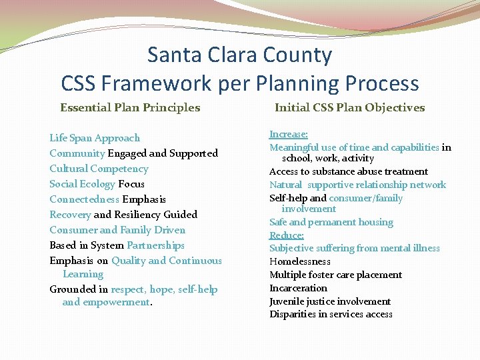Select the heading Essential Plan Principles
click(130, 107)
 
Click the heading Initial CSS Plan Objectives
click(349, 107)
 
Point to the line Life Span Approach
click(95, 138)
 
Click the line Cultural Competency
click(99, 169)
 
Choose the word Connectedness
click(84, 199)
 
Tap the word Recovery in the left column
click(70, 215)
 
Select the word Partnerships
click(155, 245)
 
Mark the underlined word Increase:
click(288, 134)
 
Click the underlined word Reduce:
click(286, 235)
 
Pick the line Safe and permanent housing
click(331, 222)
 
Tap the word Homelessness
click(299, 261)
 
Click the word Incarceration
click(298, 288)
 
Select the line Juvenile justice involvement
click(329, 301)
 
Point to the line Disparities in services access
click(331, 314)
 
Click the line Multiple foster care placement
click(335, 275)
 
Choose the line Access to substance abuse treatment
click(348, 171)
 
